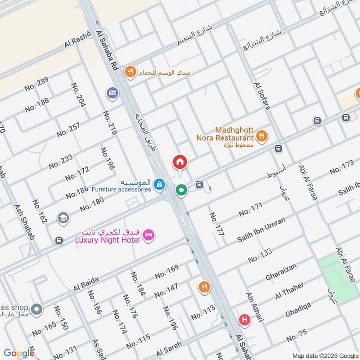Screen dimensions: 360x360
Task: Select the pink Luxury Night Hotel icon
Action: click(x=148, y=234)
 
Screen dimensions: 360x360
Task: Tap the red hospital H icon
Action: click(x=245, y=320)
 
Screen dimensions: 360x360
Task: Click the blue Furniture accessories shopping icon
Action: click(x=159, y=184)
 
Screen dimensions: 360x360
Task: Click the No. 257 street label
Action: click(x=68, y=129)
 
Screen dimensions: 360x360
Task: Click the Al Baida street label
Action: click(x=86, y=284)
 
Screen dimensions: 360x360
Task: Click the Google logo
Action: click(x=19, y=353)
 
